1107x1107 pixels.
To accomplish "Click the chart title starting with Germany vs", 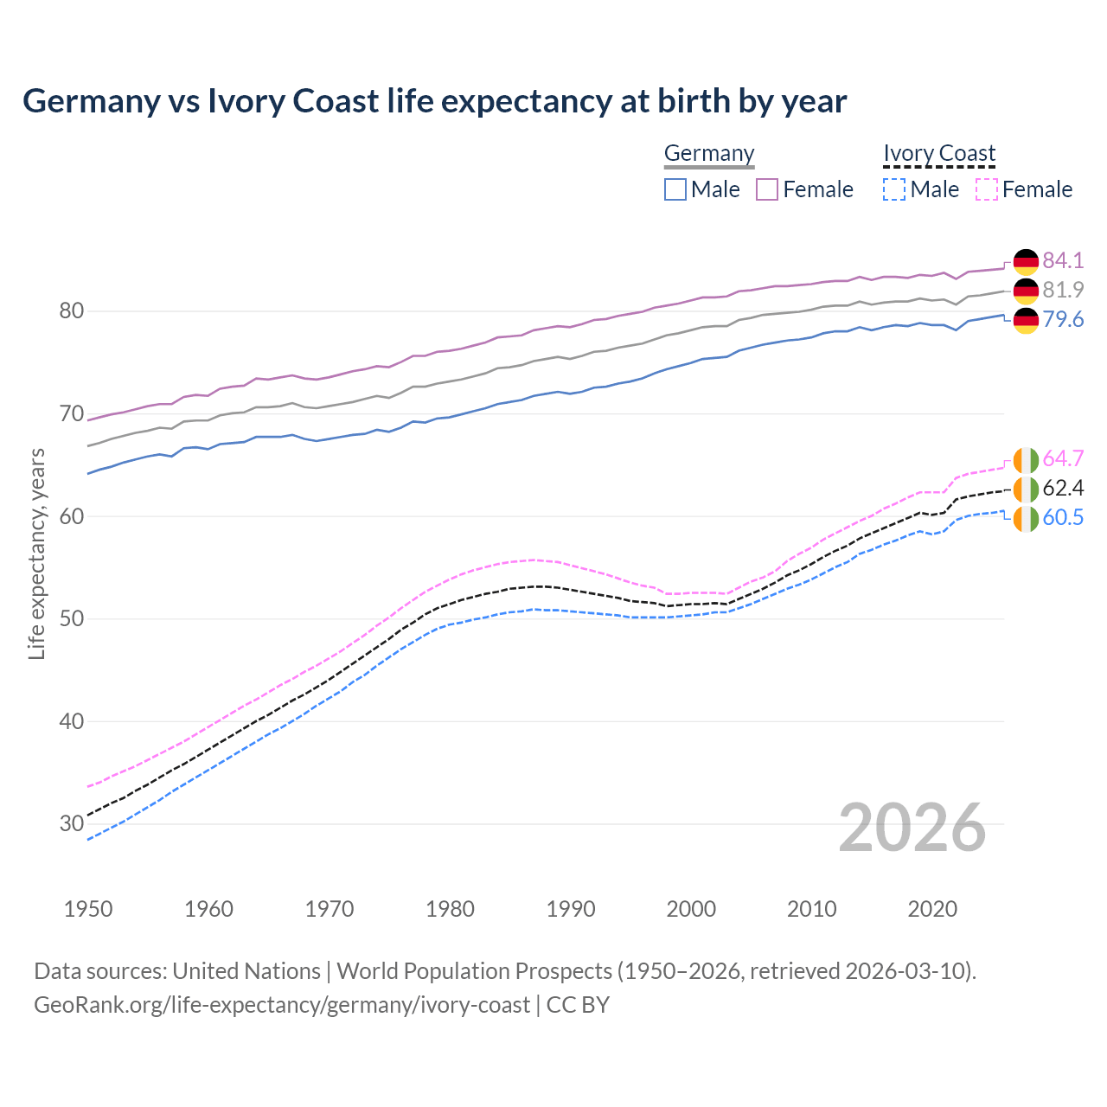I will (x=434, y=101).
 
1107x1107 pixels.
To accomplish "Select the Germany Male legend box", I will (x=675, y=189).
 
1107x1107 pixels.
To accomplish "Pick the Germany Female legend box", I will (x=767, y=189).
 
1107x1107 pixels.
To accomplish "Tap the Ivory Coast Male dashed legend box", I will (x=894, y=189).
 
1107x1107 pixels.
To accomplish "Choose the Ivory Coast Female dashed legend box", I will (x=986, y=189).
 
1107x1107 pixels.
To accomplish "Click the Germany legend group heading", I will (x=709, y=153).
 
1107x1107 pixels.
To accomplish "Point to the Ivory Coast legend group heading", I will (x=939, y=153).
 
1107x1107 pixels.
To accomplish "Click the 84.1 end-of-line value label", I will (x=1063, y=260).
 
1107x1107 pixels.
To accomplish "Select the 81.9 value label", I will (x=1063, y=290).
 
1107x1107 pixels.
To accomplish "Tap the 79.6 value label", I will (x=1063, y=319).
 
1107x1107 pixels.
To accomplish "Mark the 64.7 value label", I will (x=1063, y=458).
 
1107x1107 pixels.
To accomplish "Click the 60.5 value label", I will (x=1063, y=517).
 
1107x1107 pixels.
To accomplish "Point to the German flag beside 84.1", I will (x=1026, y=261).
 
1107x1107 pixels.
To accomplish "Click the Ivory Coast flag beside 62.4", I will (x=1026, y=489).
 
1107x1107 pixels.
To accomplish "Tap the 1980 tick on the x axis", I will (x=451, y=909).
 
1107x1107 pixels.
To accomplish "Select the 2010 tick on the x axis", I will (x=812, y=909).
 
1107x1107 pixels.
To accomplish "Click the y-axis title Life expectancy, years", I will (x=36, y=553).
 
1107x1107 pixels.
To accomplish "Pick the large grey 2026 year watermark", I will (x=912, y=828).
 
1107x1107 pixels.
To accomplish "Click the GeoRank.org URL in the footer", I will (x=281, y=1005).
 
